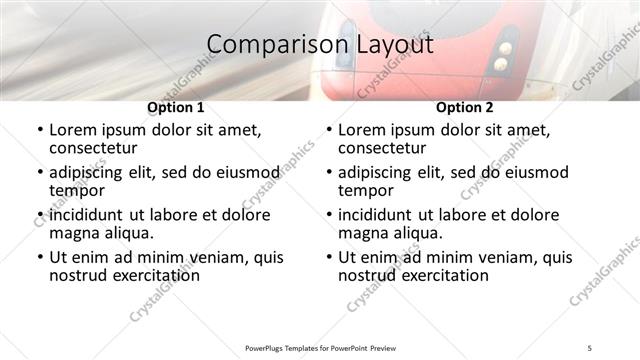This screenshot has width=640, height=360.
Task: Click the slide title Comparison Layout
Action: pos(320,45)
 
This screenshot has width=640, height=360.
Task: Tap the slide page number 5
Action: pos(590,347)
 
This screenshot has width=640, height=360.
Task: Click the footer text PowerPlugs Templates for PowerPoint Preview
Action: pos(320,347)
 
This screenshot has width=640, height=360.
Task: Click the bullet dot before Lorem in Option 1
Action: pos(39,130)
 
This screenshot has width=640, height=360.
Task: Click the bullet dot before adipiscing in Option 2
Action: pos(329,173)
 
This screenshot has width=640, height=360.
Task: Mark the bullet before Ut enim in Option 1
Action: pos(39,257)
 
